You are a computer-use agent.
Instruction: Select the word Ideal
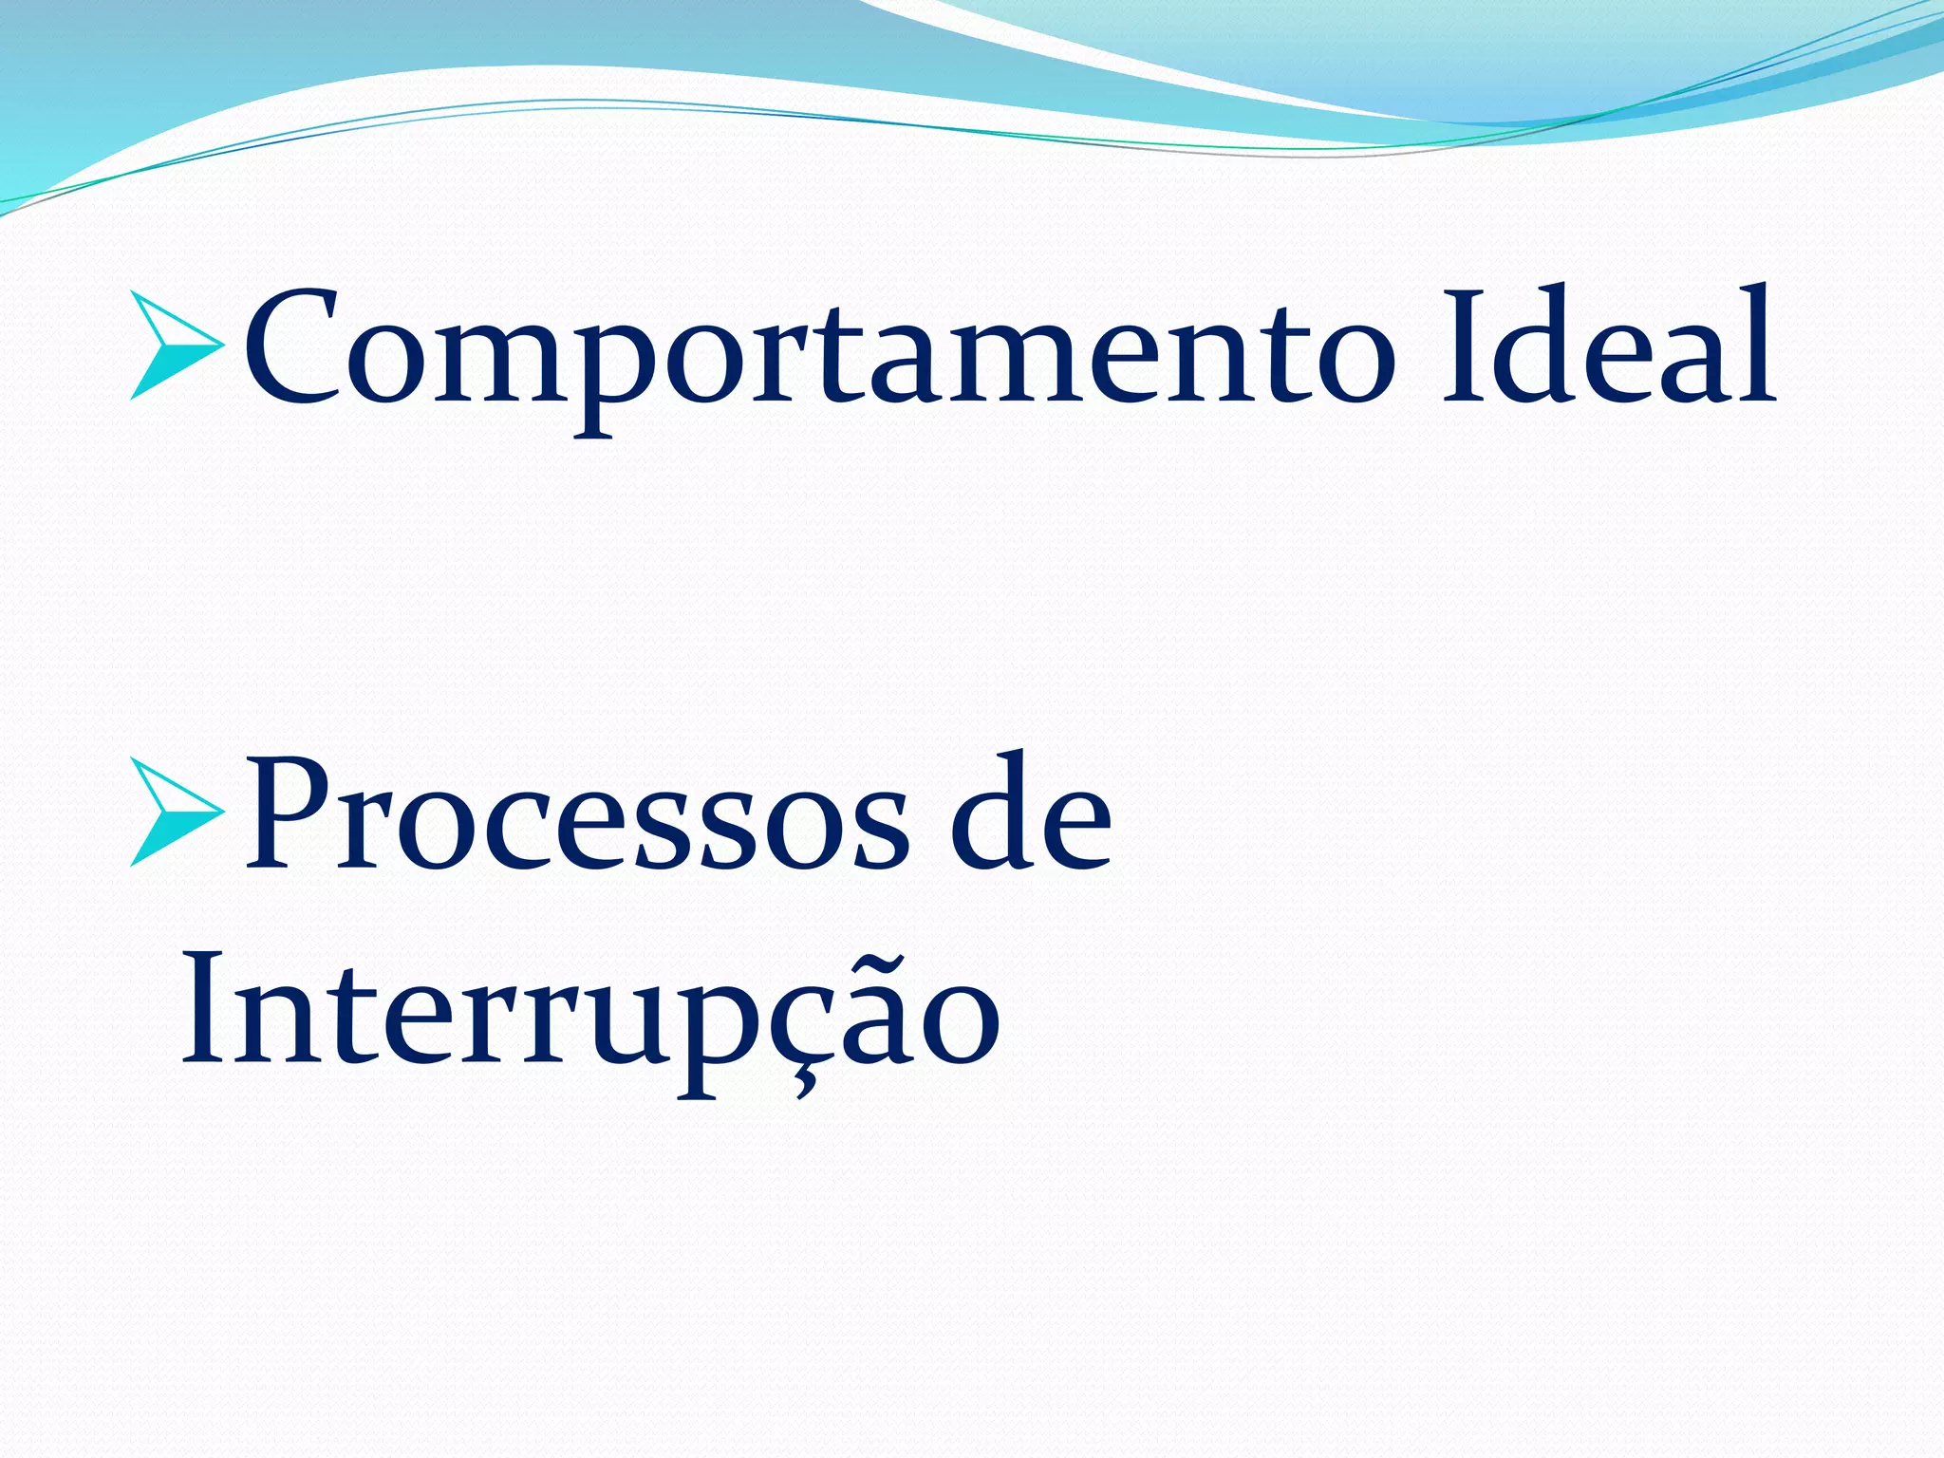click(x=1608, y=346)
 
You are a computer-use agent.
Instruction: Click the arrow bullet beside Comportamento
click(x=176, y=346)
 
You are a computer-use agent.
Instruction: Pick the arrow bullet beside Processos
click(x=176, y=813)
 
